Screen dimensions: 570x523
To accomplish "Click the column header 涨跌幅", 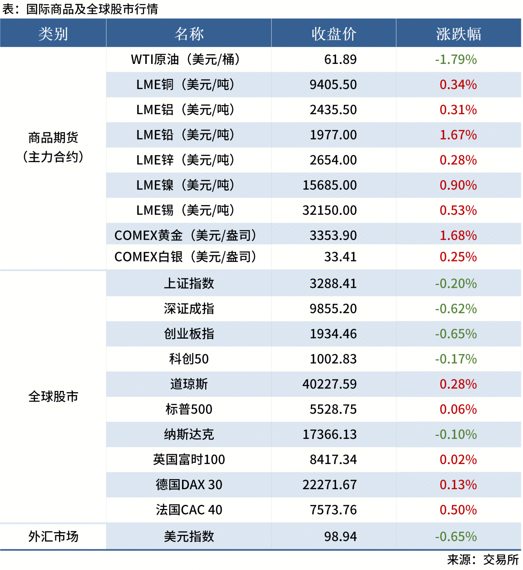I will click(x=458, y=34).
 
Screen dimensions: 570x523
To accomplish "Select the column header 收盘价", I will click(x=334, y=34).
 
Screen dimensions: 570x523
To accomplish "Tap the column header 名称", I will click(x=189, y=34).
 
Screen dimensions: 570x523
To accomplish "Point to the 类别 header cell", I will click(x=53, y=34).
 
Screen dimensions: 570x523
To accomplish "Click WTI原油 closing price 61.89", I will click(x=340, y=59).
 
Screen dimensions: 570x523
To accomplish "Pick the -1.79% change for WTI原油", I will click(x=456, y=59).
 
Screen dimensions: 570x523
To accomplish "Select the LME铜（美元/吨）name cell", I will click(x=185, y=85).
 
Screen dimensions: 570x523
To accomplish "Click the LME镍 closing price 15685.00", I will click(x=329, y=185).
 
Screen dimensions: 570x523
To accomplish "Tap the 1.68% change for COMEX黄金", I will click(x=458, y=236).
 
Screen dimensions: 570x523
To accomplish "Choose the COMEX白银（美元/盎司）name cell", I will click(x=185, y=257).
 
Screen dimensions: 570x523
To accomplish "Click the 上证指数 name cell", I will click(x=189, y=283).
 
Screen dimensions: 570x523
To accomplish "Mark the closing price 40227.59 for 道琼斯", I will click(x=329, y=384).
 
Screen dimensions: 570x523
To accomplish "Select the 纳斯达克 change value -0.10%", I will click(x=456, y=434).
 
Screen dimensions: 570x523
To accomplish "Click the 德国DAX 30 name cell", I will click(x=189, y=485).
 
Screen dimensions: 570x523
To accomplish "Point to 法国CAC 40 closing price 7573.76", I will click(x=333, y=510).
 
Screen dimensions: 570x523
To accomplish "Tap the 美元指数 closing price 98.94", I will click(x=340, y=536).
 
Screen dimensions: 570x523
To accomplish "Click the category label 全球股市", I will click(x=53, y=396).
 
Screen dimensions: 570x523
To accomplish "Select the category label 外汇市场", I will click(x=53, y=536).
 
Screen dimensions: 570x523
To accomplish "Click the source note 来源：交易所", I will click(x=483, y=560).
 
